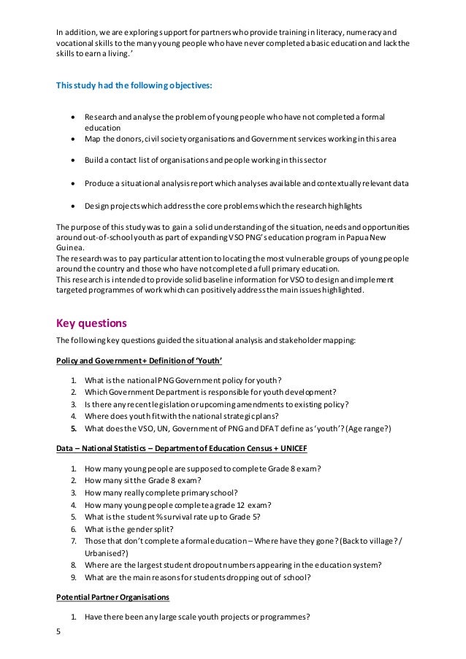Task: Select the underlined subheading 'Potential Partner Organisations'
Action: coord(112,597)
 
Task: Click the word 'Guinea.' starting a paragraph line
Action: coord(70,247)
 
